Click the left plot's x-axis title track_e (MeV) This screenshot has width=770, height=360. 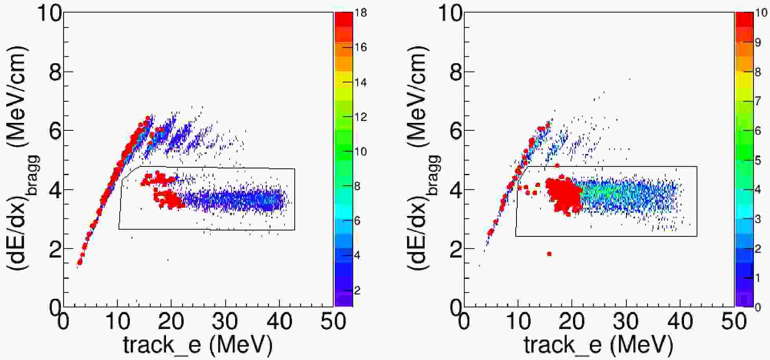pyautogui.click(x=197, y=345)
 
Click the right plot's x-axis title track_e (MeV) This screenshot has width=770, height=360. pyautogui.click(x=598, y=345)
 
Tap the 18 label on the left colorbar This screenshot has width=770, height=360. pyautogui.click(x=360, y=13)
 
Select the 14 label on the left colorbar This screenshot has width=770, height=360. pyautogui.click(x=360, y=82)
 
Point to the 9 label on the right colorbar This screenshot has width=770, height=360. pyautogui.click(x=757, y=42)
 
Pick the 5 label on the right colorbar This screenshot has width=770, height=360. pyautogui.click(x=757, y=160)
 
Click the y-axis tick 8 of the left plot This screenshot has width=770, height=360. pyautogui.click(x=55, y=72)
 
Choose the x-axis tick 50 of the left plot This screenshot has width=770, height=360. pyautogui.click(x=333, y=321)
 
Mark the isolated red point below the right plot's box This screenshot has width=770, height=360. pyautogui.click(x=549, y=254)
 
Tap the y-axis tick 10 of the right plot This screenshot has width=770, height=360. pyautogui.click(x=450, y=14)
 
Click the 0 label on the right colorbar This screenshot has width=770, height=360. pyautogui.click(x=757, y=307)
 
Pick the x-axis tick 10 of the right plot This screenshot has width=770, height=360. pyautogui.click(x=518, y=321)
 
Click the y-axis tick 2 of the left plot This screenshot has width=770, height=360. pyautogui.click(x=55, y=249)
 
